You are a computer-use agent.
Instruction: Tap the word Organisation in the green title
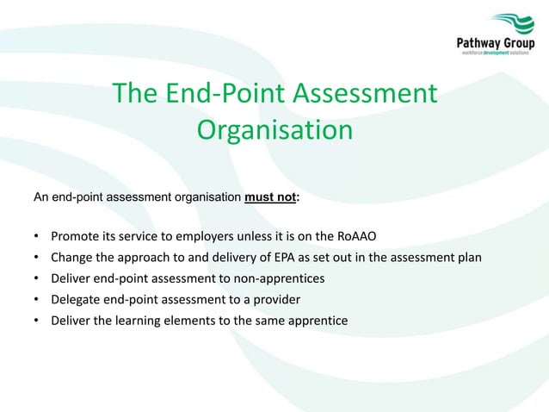coord(274,130)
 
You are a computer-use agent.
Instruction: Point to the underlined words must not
coord(270,197)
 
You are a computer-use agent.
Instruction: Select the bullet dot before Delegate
coord(36,299)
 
